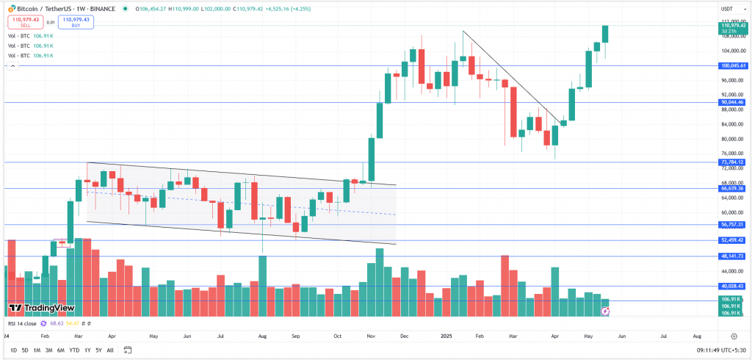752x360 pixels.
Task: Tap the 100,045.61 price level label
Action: (734, 65)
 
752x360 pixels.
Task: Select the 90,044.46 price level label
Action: (734, 102)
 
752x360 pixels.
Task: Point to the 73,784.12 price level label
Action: (734, 162)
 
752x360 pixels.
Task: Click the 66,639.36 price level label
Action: (734, 188)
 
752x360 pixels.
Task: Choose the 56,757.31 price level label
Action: (734, 224)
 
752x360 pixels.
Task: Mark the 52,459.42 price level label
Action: (734, 240)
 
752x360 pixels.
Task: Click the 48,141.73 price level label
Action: (734, 256)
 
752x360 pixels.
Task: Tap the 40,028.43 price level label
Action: (734, 286)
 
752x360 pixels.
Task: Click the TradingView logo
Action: (42, 308)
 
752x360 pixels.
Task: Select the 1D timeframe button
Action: (13, 350)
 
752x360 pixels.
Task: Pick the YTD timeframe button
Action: (74, 350)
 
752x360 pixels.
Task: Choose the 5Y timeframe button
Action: (98, 350)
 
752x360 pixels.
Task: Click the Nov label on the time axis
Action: (371, 335)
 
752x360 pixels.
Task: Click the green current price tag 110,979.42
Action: (733, 26)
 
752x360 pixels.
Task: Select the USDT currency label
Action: (727, 9)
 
